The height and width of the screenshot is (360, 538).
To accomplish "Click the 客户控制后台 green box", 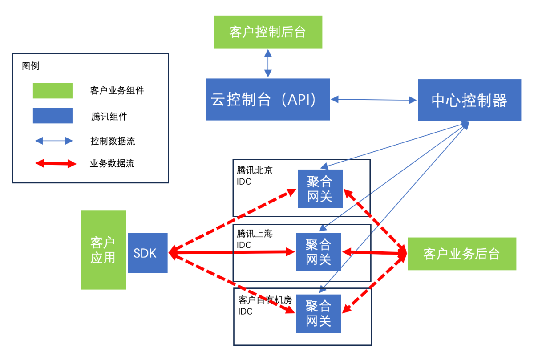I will tap(268, 32).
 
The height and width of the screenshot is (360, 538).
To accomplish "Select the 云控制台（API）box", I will tap(268, 99).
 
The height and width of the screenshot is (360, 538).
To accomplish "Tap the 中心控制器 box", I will tap(469, 100).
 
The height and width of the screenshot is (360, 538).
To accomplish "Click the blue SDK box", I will tap(147, 253).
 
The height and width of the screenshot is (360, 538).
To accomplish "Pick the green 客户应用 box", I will tap(103, 250).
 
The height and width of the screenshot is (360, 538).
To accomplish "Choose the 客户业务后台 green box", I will tap(462, 254).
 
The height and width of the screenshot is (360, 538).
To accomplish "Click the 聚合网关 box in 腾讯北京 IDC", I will tap(320, 189).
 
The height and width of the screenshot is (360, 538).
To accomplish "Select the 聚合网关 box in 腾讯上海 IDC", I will tap(319, 251).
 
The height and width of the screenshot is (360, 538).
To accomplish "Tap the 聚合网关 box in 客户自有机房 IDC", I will tap(319, 313).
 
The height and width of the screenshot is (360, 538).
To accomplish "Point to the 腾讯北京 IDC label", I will tap(255, 175).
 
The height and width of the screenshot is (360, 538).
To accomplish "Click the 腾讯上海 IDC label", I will tap(255, 239).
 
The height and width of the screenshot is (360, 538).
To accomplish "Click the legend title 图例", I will tap(31, 66).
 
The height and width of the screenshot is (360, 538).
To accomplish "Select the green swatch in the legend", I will tap(53, 91).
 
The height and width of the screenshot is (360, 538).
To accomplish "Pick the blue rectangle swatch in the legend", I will tap(53, 116).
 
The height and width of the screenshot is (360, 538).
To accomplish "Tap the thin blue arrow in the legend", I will tap(54, 141).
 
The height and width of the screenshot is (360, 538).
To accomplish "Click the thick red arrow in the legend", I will tap(55, 164).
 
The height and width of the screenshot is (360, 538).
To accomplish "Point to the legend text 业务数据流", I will tap(112, 163).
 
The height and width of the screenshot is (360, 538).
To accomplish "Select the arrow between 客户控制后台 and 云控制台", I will tap(267, 63).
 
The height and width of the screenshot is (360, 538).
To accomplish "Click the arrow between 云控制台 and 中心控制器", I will tap(374, 100).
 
